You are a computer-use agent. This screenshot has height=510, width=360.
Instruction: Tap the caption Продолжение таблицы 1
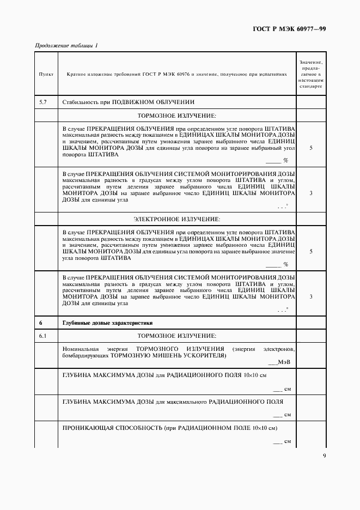pyautogui.click(x=66, y=45)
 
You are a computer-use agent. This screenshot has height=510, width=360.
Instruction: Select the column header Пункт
pyautogui.click(x=45, y=74)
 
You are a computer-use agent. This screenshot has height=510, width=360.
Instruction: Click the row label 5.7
pyautogui.click(x=44, y=102)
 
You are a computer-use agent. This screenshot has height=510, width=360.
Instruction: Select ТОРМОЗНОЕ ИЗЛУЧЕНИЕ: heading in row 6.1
pyautogui.click(x=177, y=335)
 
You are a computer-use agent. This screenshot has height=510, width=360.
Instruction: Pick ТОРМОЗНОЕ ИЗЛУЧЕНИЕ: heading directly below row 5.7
pyautogui.click(x=177, y=116)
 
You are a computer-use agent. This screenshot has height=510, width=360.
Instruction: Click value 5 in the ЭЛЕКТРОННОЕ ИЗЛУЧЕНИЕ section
pyautogui.click(x=310, y=252)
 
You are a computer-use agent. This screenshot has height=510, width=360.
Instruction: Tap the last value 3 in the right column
pyautogui.click(x=310, y=297)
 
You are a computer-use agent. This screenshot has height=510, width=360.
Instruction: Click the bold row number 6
pyautogui.click(x=41, y=323)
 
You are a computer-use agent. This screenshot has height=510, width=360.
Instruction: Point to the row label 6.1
pyautogui.click(x=44, y=335)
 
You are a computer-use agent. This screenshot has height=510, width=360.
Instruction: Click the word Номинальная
pyautogui.click(x=81, y=348)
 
